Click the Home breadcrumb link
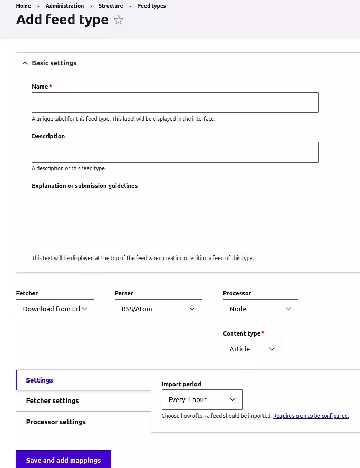coord(23,6)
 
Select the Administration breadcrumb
coord(65,6)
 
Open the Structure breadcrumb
coord(111,6)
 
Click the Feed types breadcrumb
coord(152,6)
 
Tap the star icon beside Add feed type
coord(119,21)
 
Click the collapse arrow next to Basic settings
coord(24,63)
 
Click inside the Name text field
coord(175,102)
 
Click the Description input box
coord(175,152)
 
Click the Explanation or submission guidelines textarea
coord(196,222)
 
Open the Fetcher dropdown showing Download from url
coord(55,309)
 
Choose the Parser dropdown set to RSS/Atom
coord(158,309)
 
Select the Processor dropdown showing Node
coord(260,309)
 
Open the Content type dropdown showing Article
coord(252,349)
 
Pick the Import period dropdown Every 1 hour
coord(202,400)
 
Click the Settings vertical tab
coord(40,380)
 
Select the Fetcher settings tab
coord(52,401)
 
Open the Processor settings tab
coord(56,422)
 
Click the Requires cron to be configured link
coord(311,416)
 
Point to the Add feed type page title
coord(62,20)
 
